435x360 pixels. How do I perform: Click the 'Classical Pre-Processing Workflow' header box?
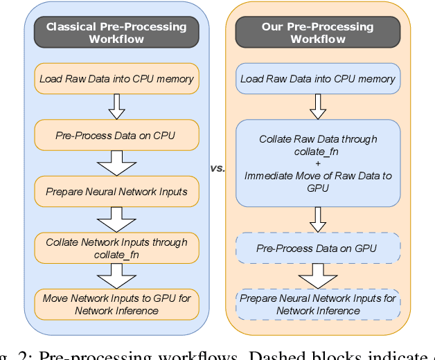pos(116,33)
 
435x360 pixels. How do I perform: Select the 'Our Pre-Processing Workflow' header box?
pos(318,33)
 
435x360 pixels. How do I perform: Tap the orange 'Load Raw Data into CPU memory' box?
pos(116,79)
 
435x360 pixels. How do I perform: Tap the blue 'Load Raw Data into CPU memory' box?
pos(318,79)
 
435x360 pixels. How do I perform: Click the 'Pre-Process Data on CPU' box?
pos(116,136)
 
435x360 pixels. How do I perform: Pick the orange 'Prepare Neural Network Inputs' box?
pos(116,191)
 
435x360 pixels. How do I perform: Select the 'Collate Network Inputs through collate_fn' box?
pos(116,248)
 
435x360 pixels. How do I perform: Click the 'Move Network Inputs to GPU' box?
pos(116,305)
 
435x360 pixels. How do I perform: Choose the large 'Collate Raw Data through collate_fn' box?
pos(318,163)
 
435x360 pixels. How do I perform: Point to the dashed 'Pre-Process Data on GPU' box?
pos(318,248)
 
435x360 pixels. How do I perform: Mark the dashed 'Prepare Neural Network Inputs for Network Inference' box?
pos(318,305)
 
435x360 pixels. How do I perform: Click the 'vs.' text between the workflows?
pos(217,168)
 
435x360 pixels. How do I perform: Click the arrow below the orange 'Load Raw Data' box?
pos(116,107)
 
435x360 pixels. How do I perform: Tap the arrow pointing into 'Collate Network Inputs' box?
pos(116,219)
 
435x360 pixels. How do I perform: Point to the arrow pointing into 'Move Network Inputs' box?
pos(116,276)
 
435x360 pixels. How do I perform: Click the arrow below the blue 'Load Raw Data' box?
pos(318,107)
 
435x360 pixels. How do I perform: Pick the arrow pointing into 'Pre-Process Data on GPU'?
pos(318,219)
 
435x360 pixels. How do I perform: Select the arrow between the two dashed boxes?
pos(318,276)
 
